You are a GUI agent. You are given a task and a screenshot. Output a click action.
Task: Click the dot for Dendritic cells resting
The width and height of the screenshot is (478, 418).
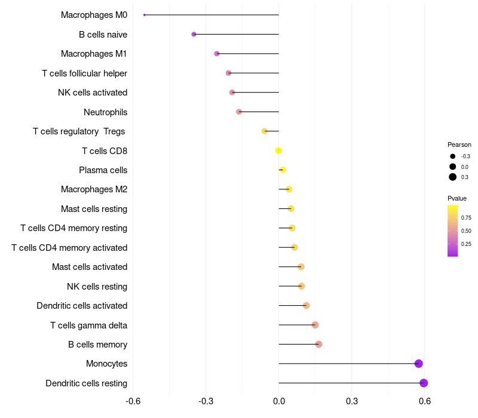424,383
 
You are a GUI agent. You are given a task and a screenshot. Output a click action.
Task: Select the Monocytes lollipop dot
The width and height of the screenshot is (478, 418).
419,364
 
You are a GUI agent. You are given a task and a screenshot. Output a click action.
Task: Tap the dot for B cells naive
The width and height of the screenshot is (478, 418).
194,34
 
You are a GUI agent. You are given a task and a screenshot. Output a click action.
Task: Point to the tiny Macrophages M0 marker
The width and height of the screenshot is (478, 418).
145,15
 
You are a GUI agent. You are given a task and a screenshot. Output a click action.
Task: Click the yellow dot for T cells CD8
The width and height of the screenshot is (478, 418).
278,150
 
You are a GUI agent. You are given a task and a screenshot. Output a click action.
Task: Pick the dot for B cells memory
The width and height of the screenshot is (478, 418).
318,345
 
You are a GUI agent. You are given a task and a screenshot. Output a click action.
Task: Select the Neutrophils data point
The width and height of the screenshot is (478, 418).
239,112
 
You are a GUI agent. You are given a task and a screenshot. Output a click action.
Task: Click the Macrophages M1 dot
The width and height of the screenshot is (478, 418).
217,54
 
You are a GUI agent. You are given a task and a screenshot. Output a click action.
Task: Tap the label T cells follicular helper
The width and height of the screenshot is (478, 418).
84,73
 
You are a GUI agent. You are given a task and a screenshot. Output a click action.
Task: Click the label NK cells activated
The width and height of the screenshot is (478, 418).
93,93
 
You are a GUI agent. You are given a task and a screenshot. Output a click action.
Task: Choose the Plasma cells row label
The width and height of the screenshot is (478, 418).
103,170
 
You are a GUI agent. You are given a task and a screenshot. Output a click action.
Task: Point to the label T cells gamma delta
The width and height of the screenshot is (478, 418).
88,325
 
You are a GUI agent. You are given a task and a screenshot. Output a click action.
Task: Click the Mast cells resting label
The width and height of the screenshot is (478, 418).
94,209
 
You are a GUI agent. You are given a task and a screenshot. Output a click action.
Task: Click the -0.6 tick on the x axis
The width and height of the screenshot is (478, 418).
133,401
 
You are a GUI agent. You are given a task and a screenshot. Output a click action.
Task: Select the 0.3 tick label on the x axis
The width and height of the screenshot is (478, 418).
352,401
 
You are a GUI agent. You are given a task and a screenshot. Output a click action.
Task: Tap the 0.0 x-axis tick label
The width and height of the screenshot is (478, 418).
279,401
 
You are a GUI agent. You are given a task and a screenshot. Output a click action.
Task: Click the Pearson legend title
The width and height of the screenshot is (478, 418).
459,145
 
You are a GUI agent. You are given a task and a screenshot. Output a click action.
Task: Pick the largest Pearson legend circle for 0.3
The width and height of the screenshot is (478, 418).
453,177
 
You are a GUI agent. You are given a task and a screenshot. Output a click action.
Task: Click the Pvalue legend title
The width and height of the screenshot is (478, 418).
457,198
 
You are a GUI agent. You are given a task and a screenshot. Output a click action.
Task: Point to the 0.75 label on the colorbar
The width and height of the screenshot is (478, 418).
466,218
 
